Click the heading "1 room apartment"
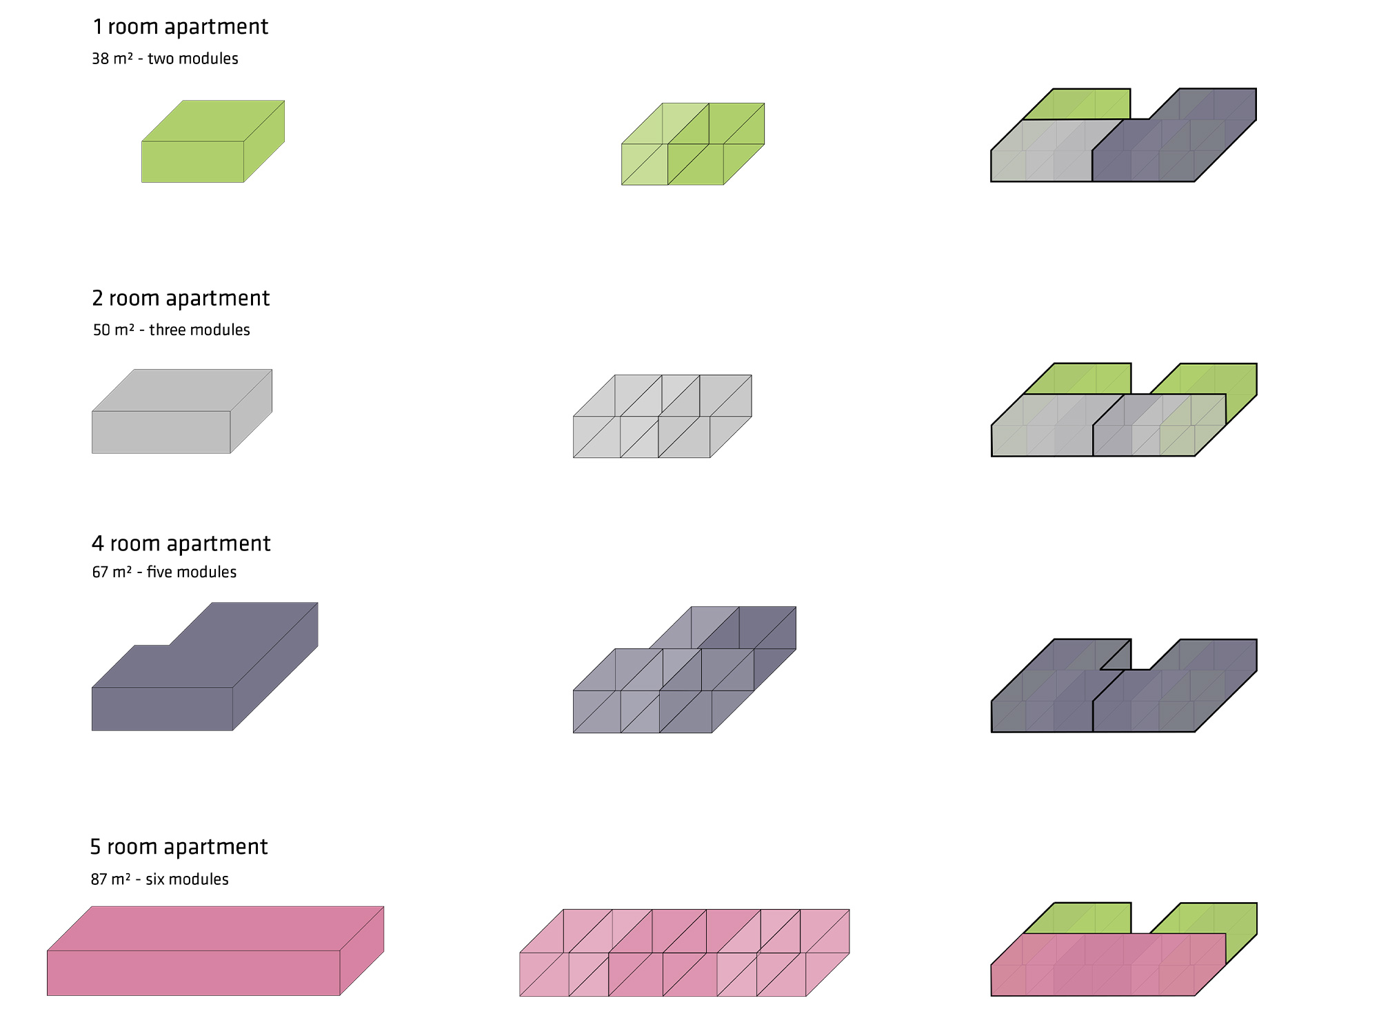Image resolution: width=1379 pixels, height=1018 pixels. [181, 27]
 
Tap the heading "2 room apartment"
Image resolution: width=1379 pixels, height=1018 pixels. [181, 298]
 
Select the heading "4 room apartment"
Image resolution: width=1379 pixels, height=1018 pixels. [181, 543]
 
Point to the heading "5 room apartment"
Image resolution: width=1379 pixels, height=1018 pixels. [179, 847]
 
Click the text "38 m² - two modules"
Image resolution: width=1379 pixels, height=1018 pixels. [165, 59]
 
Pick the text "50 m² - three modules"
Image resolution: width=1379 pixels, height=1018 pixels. [172, 330]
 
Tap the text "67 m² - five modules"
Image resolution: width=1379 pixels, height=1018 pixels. [164, 572]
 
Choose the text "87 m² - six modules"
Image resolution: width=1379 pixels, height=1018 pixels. [160, 879]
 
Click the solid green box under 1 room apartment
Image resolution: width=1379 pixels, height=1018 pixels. [213, 141]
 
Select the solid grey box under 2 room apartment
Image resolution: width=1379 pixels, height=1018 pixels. [182, 411]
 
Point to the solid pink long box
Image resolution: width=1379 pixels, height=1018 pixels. [215, 951]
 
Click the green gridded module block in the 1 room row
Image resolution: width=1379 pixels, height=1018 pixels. [693, 144]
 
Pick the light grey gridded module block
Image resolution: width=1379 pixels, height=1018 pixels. [663, 417]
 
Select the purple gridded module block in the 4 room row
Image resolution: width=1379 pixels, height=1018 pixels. [685, 670]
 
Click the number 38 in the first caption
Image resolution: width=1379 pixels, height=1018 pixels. [101, 59]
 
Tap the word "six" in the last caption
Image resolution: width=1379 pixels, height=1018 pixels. [155, 879]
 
